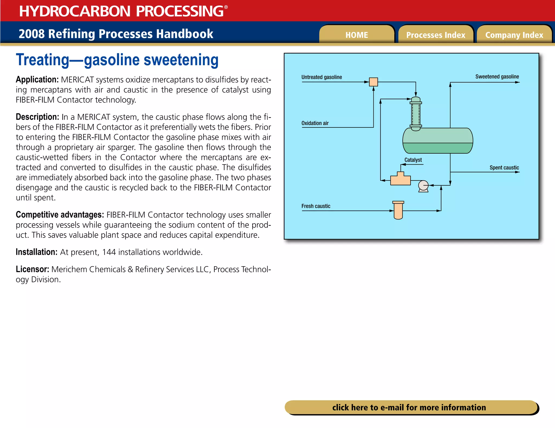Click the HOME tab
coord(357,35)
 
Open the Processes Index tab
coord(435,35)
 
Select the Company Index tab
coord(514,35)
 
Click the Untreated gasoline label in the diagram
coord(321,77)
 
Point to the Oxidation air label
coord(315,123)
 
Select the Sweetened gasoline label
coord(497,77)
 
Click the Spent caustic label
coord(504,167)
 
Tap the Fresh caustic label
coord(316,206)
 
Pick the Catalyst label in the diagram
coord(413,160)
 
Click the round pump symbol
coord(423,186)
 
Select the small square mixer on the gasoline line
coord(373,82)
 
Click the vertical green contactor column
coord(416,114)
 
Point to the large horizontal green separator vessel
coord(438,141)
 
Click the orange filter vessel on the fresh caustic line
coord(398,210)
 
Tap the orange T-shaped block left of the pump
coord(400,180)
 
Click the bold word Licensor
coord(32,269)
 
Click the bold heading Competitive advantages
coord(60,215)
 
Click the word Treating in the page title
coord(43,60)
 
